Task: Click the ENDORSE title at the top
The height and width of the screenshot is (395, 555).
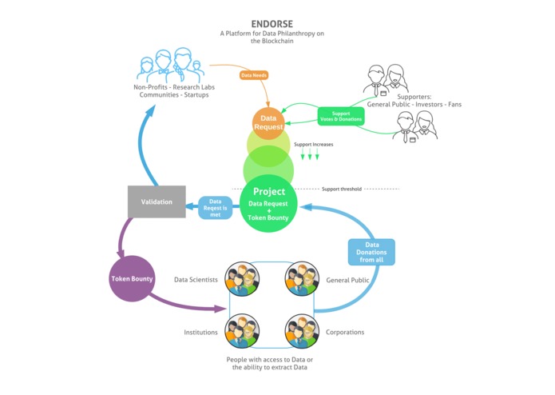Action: [270, 23]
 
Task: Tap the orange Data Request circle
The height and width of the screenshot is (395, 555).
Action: [269, 122]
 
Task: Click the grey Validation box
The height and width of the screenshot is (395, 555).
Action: [157, 201]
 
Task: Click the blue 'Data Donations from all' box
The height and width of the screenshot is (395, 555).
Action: [371, 252]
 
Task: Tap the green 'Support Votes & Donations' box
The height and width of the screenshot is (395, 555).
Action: [341, 116]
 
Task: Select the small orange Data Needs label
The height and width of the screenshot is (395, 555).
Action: [254, 75]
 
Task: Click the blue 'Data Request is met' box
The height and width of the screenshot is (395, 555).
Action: [216, 207]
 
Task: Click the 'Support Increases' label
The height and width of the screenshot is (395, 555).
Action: [313, 145]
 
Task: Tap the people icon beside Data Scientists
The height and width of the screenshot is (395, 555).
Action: [242, 279]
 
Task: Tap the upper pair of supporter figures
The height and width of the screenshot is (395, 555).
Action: [387, 79]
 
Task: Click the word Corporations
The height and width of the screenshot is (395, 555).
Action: [345, 332]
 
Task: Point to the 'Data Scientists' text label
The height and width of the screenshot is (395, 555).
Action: [196, 280]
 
